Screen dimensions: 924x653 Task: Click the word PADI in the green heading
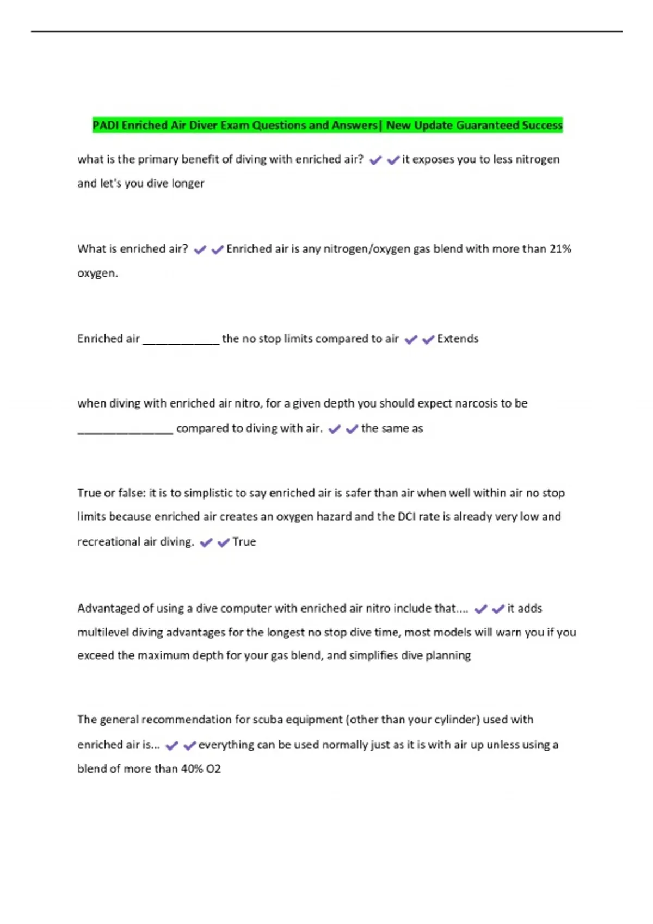point(106,126)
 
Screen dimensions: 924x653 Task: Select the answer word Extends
point(458,339)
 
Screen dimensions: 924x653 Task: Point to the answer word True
point(244,542)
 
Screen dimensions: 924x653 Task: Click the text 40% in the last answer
point(191,769)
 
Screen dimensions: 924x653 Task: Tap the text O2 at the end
point(213,769)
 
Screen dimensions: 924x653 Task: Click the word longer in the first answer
point(188,183)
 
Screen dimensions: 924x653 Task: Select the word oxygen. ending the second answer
point(97,273)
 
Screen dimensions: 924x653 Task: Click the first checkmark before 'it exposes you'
point(375,160)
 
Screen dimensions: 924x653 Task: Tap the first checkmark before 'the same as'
point(335,429)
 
